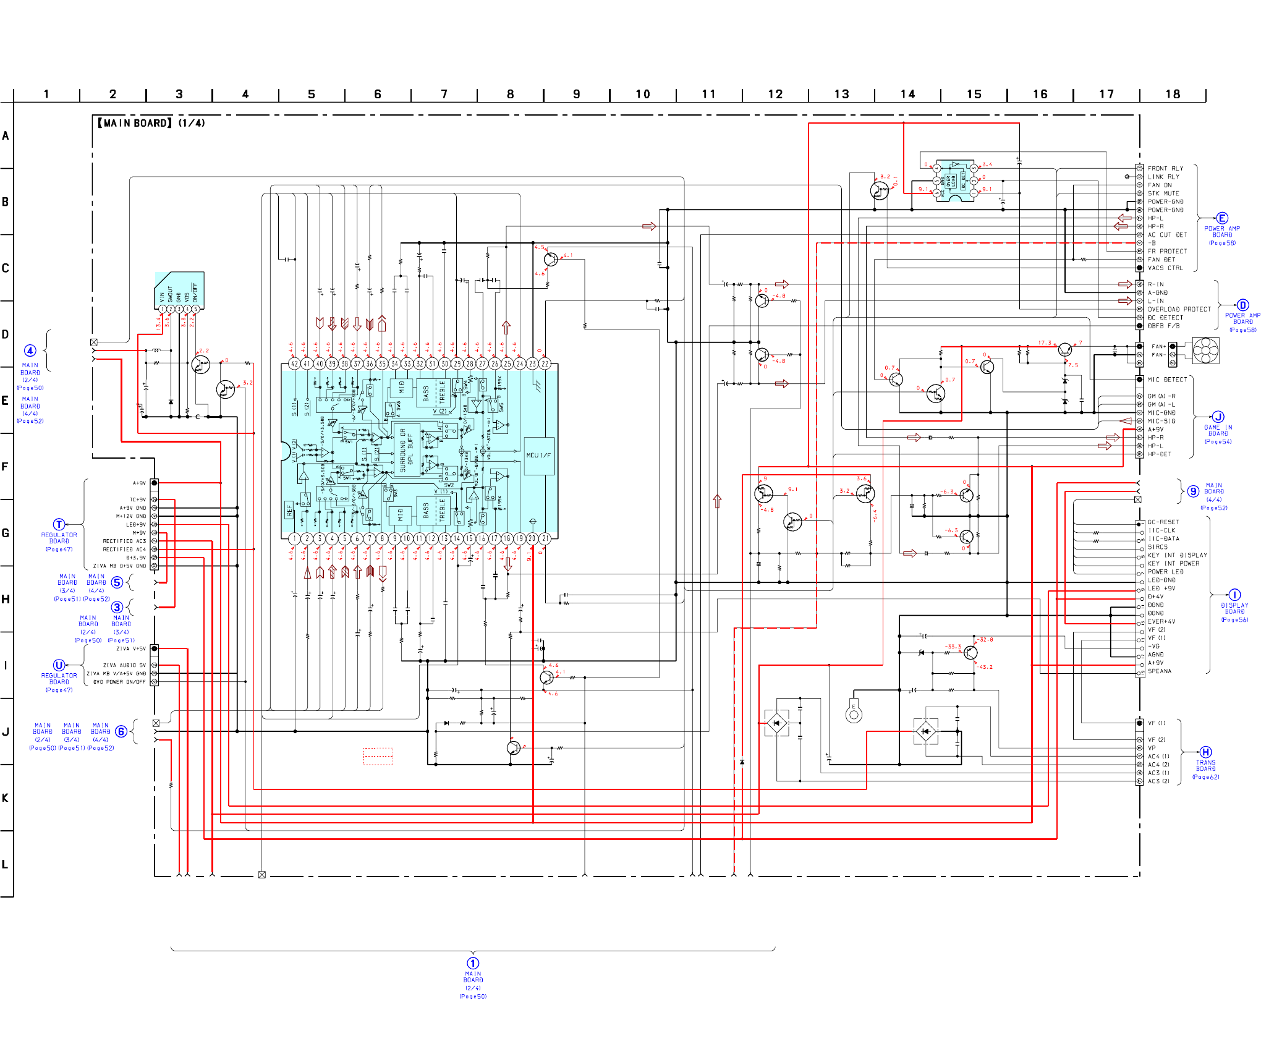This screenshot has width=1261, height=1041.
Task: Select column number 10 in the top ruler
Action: pyautogui.click(x=643, y=94)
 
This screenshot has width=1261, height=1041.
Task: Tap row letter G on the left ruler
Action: pyautogui.click(x=6, y=533)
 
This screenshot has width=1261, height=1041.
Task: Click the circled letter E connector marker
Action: pyautogui.click(x=1222, y=218)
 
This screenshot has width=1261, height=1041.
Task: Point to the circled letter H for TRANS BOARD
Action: pyautogui.click(x=1206, y=752)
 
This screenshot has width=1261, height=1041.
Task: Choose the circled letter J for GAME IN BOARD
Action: pyautogui.click(x=1218, y=417)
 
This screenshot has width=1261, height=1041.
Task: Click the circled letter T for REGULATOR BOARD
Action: pyautogui.click(x=59, y=524)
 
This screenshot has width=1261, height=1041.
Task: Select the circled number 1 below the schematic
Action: pyautogui.click(x=473, y=963)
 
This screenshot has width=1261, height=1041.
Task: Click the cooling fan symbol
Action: pyautogui.click(x=1205, y=351)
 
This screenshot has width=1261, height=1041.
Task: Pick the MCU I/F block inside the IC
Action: pyautogui.click(x=538, y=456)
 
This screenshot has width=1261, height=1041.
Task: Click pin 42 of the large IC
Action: pyautogui.click(x=294, y=363)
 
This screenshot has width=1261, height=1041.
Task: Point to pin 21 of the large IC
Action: pyautogui.click(x=545, y=538)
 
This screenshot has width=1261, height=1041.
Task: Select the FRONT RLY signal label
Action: pyautogui.click(x=1165, y=168)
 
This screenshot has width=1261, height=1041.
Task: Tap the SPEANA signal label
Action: pyautogui.click(x=1160, y=671)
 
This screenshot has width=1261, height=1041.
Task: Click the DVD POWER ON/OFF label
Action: pyautogui.click(x=119, y=682)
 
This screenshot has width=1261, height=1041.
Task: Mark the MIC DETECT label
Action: pyautogui.click(x=1167, y=380)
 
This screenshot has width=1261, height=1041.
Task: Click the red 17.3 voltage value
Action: pyautogui.click(x=1045, y=342)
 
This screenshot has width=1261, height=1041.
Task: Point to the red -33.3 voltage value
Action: pyautogui.click(x=953, y=647)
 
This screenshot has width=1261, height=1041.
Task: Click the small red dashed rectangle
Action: pyautogui.click(x=378, y=756)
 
